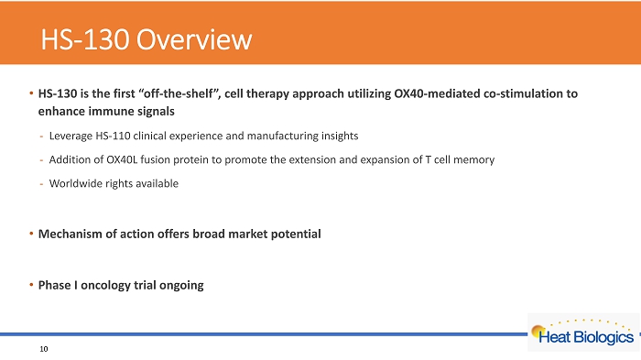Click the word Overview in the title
(194, 39)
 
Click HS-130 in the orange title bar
(85, 39)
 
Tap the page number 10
(44, 349)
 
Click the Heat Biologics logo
(583, 332)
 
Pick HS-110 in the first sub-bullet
(113, 136)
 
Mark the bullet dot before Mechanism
(31, 234)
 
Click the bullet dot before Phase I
(31, 285)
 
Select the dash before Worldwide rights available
(41, 184)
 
